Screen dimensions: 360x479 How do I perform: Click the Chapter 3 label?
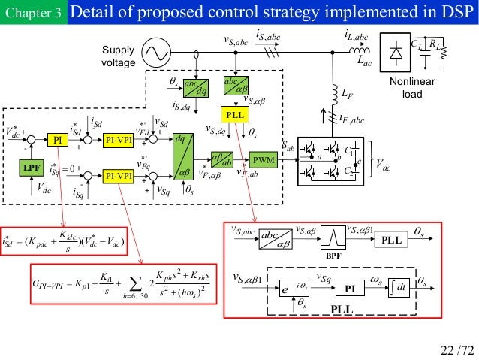tap(32, 13)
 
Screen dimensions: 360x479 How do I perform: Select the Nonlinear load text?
tap(413, 89)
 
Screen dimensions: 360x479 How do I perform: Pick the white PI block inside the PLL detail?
tap(350, 289)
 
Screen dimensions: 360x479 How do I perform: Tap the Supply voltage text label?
tap(116, 56)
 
